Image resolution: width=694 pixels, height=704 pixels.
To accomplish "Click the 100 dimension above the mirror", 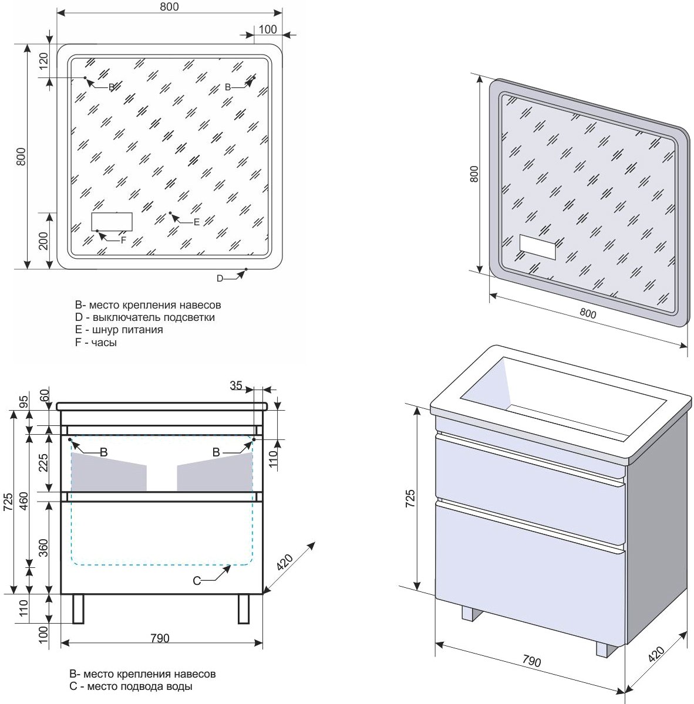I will click(267, 29).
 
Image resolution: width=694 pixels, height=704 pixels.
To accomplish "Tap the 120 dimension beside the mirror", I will click(43, 62).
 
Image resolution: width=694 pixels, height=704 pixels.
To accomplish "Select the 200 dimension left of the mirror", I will click(43, 240).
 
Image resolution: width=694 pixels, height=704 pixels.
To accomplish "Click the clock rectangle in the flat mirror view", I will click(112, 222).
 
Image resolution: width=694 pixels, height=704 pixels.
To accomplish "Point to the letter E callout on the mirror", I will click(196, 222).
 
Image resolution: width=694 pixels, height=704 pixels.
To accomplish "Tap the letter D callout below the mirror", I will click(220, 278).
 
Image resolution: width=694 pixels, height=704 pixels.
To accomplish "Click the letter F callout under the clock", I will click(123, 240).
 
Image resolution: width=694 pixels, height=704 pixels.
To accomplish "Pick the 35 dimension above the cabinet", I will click(236, 385).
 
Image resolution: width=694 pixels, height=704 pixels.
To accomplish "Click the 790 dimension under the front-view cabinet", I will click(160, 638).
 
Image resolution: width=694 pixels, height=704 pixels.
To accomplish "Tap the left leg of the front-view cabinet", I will click(78, 609).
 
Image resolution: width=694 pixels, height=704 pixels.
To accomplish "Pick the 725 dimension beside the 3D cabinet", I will click(410, 497).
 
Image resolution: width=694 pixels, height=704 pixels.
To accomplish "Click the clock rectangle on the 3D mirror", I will click(537, 248).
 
